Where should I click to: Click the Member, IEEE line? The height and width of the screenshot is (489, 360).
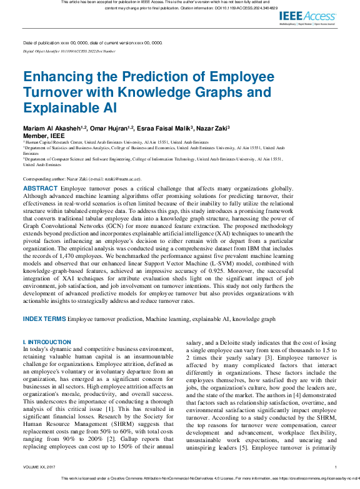[x=44, y=135]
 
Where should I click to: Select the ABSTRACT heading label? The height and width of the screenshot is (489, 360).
[x=40, y=188]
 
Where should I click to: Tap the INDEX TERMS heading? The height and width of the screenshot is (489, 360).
[x=44, y=319]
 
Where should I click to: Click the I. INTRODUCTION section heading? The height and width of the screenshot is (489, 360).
[x=47, y=342]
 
